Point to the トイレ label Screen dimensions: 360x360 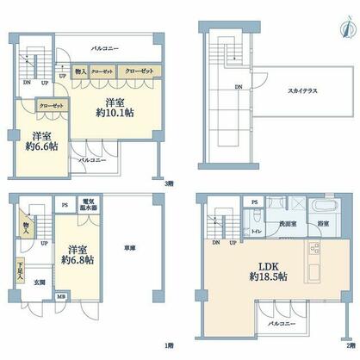point(256,232)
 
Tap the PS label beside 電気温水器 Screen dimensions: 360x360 point(66,206)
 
